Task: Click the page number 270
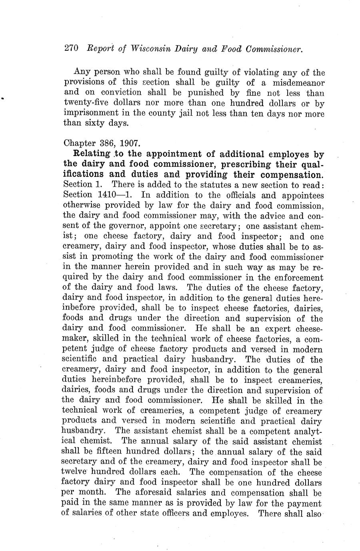coord(71,49)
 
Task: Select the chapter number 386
coord(99,143)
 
